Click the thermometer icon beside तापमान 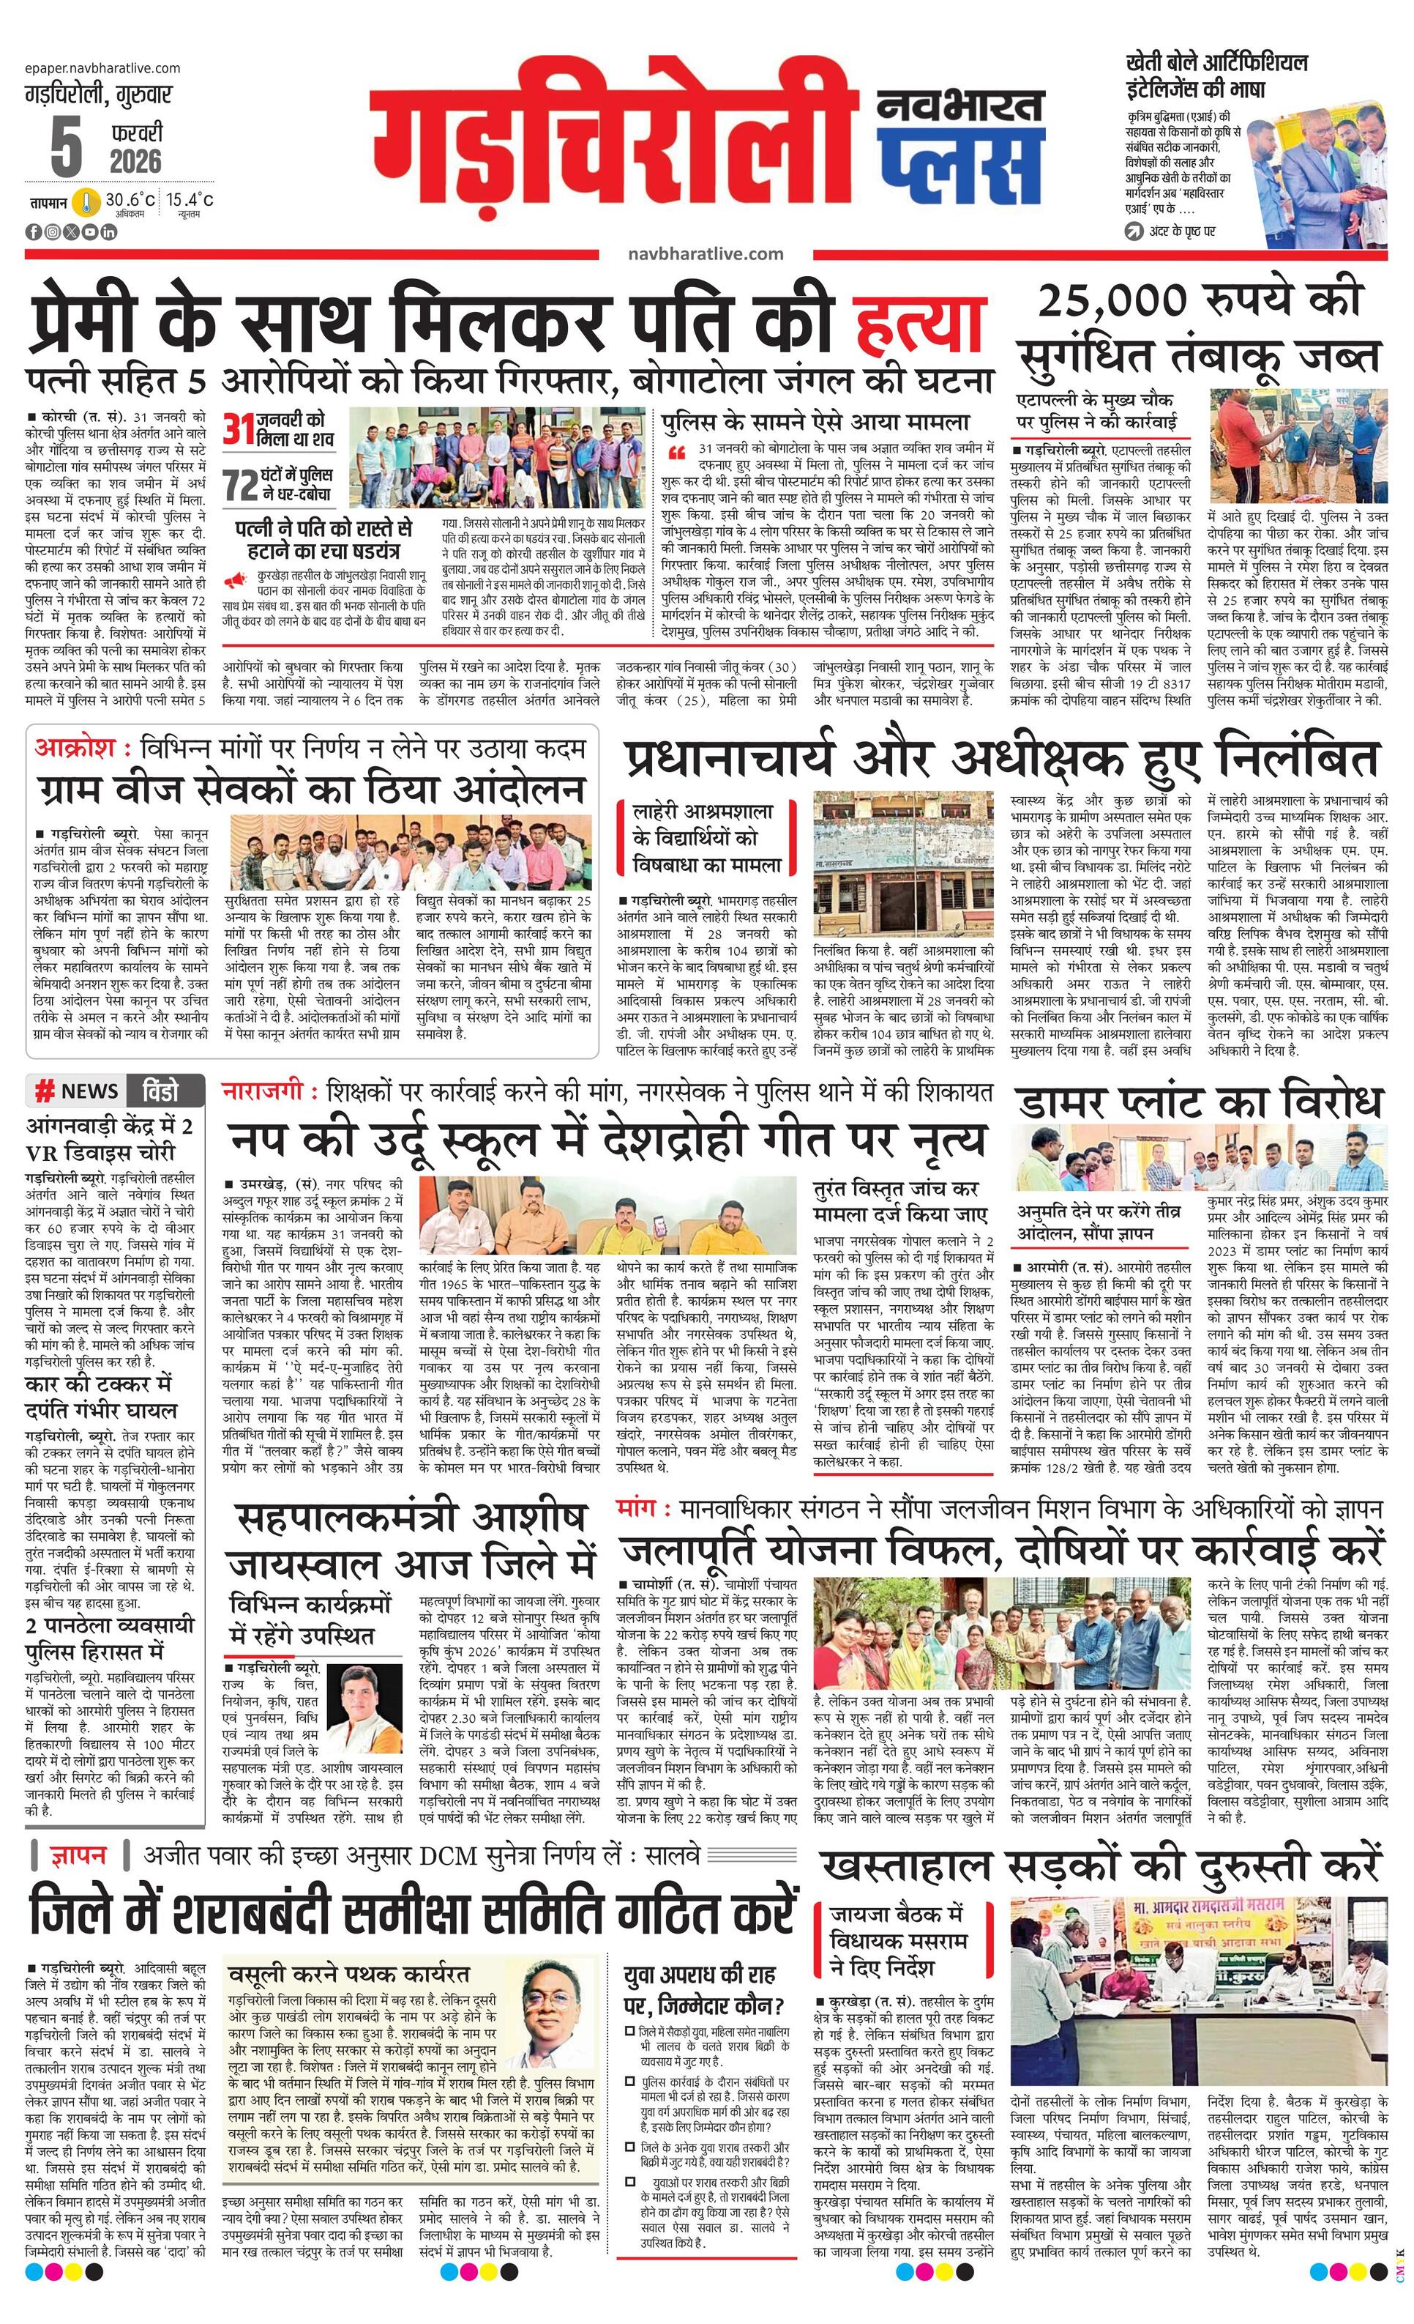click(x=89, y=202)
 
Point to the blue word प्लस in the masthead click(x=959, y=161)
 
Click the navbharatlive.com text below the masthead click(x=705, y=253)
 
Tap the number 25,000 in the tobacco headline click(x=1114, y=300)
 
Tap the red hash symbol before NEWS click(x=43, y=1091)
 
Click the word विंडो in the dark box click(x=160, y=1091)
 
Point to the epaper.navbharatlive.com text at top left click(x=102, y=68)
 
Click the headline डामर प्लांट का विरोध click(x=1199, y=1101)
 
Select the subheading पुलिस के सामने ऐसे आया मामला click(x=815, y=422)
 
